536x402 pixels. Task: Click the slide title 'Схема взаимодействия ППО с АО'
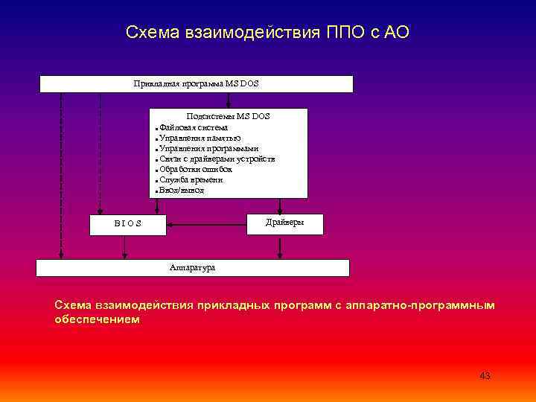click(x=267, y=33)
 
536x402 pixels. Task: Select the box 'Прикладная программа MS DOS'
click(x=196, y=83)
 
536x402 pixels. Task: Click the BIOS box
click(x=128, y=224)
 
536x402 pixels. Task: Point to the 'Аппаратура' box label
click(x=192, y=267)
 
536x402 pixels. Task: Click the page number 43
click(x=485, y=376)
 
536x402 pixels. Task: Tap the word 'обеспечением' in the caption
click(x=97, y=319)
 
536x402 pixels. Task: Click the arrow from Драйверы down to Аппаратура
click(x=279, y=247)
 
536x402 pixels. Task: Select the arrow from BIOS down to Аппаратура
click(x=125, y=248)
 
